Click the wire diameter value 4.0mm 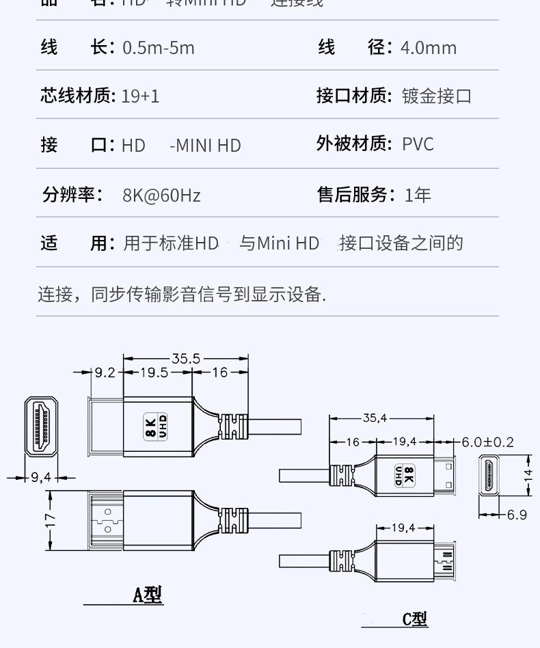(x=429, y=48)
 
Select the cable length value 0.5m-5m (x=158, y=48)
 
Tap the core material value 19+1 (x=140, y=96)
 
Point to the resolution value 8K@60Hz (x=161, y=195)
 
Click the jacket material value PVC (x=418, y=144)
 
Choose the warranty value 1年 (x=418, y=195)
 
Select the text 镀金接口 (x=437, y=96)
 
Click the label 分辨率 (x=72, y=195)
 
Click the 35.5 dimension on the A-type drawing (x=185, y=358)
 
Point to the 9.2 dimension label (x=105, y=373)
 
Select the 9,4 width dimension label (x=41, y=478)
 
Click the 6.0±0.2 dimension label (x=487, y=442)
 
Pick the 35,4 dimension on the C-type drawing (x=375, y=418)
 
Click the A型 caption (x=147, y=595)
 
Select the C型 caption (x=414, y=619)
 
